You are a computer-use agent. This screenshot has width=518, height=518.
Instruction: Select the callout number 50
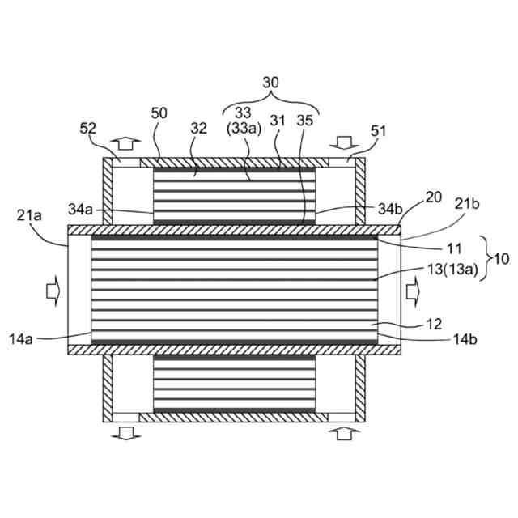click(159, 113)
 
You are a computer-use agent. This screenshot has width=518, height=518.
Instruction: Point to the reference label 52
click(88, 128)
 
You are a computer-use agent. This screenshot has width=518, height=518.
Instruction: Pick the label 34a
click(81, 210)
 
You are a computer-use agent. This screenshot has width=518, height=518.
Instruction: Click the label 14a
click(26, 338)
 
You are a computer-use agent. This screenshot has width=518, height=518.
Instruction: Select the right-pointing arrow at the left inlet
click(50, 287)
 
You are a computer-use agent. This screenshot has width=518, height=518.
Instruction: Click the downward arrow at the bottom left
click(125, 435)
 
